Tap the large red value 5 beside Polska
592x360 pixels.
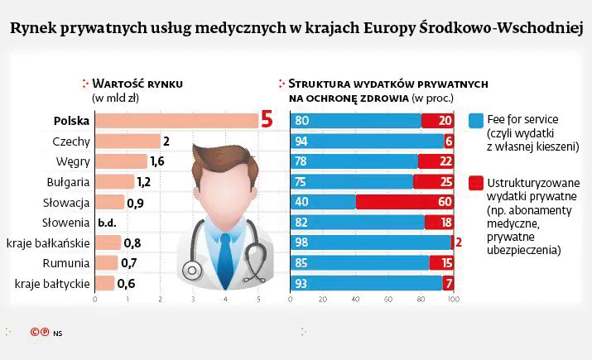[x=267, y=121]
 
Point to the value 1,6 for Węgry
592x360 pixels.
[x=157, y=161]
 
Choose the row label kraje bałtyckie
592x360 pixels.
[x=52, y=284]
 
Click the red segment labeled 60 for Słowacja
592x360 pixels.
[x=405, y=202]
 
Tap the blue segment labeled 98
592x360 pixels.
[x=370, y=242]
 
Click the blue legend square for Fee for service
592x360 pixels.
[x=475, y=119]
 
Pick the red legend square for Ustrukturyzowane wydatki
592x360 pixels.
[x=475, y=182]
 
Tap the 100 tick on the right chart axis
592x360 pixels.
[x=452, y=300]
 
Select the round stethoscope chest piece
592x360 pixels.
[x=191, y=271]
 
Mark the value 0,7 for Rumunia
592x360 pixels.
[x=128, y=263]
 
